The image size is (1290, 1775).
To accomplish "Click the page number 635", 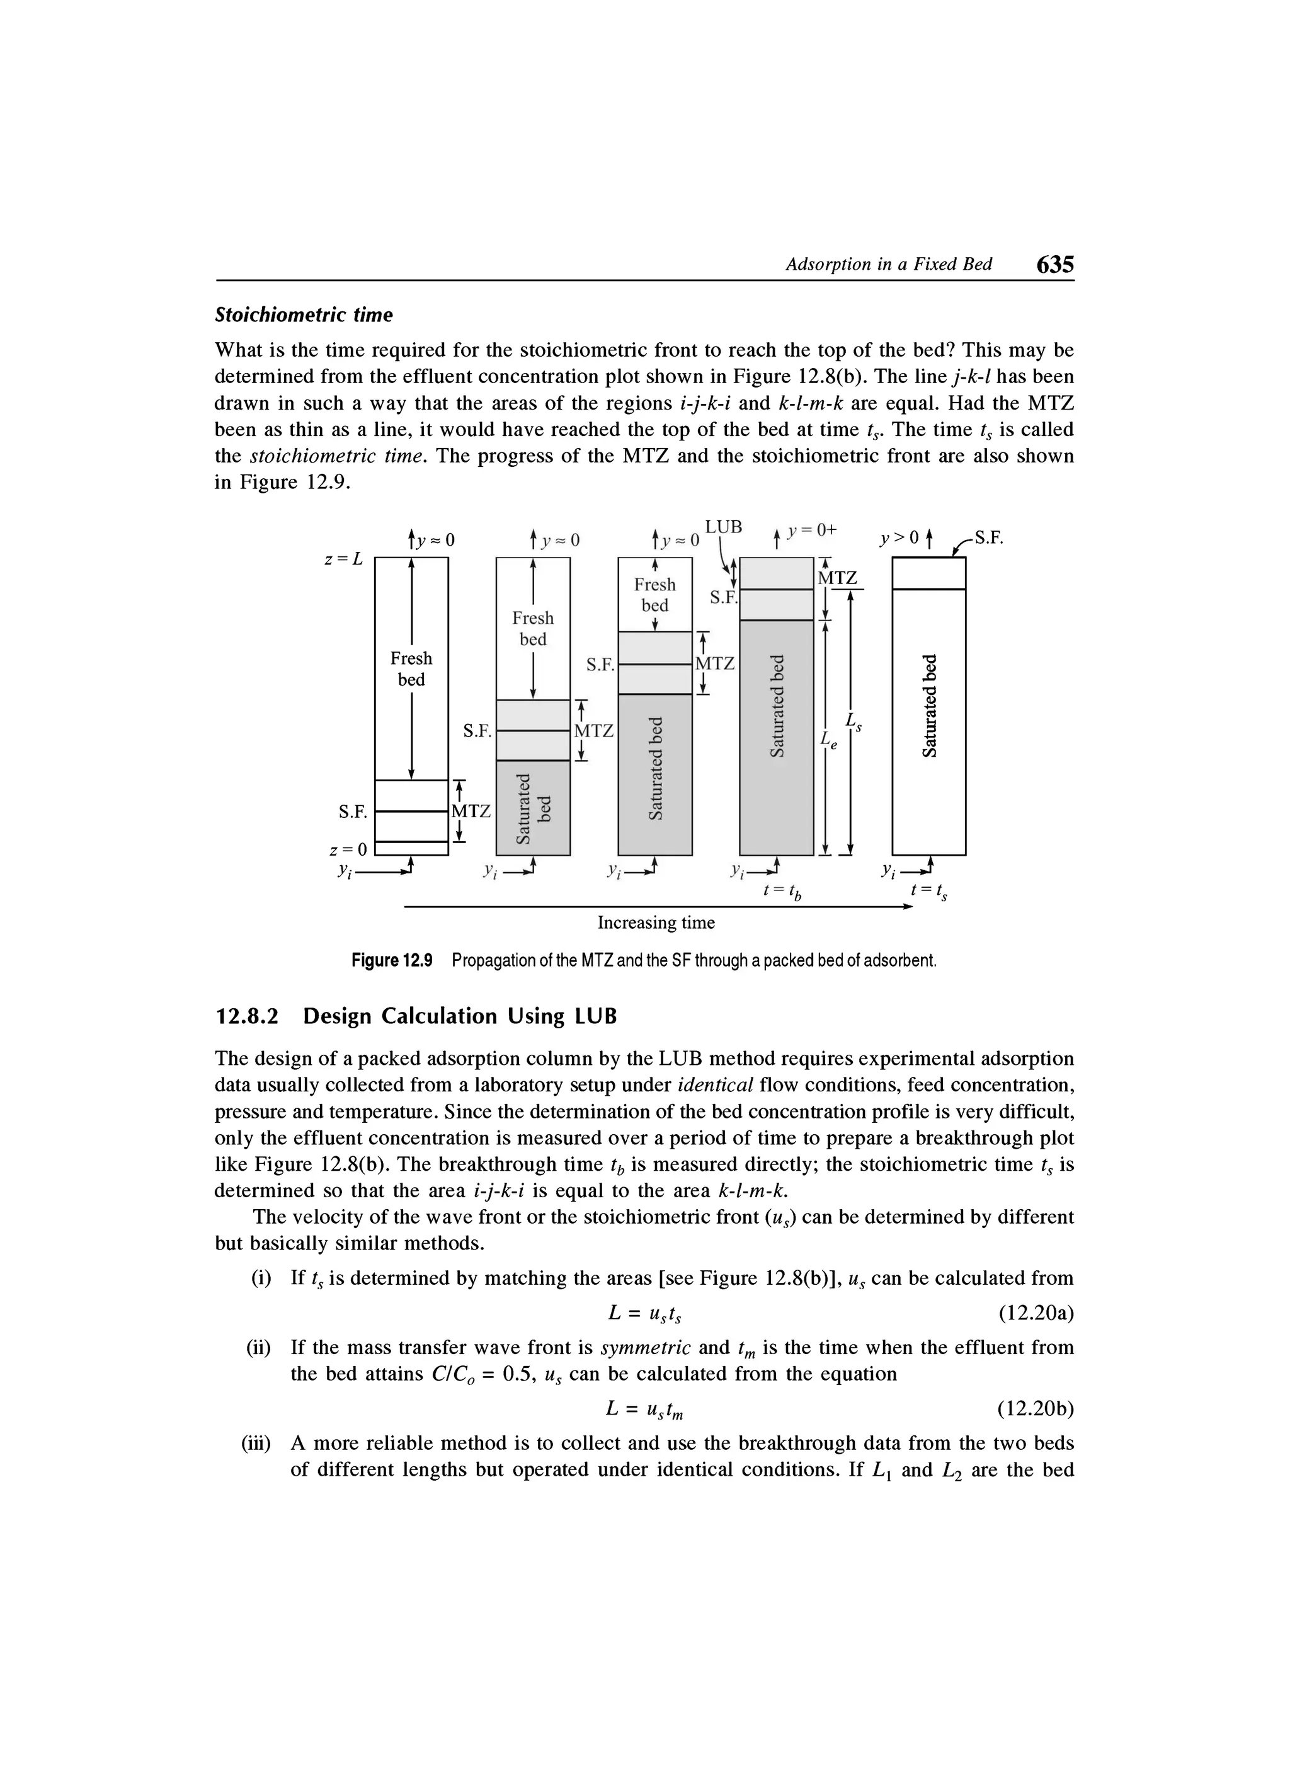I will point(1054,265).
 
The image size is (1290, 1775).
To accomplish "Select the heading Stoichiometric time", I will point(303,314).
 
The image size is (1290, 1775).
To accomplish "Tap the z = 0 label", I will point(348,848).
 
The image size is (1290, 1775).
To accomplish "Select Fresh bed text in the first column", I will point(411,669).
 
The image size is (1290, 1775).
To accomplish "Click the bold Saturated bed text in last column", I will point(928,705).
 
